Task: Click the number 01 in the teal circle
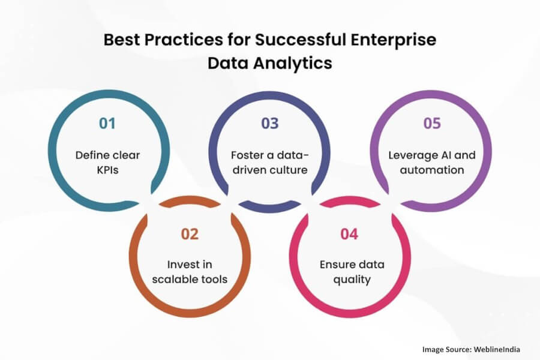107,124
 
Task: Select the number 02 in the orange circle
189,233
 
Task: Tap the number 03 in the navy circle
269,124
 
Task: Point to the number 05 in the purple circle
431,124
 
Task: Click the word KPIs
107,170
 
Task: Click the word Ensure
335,265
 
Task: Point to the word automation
431,170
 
